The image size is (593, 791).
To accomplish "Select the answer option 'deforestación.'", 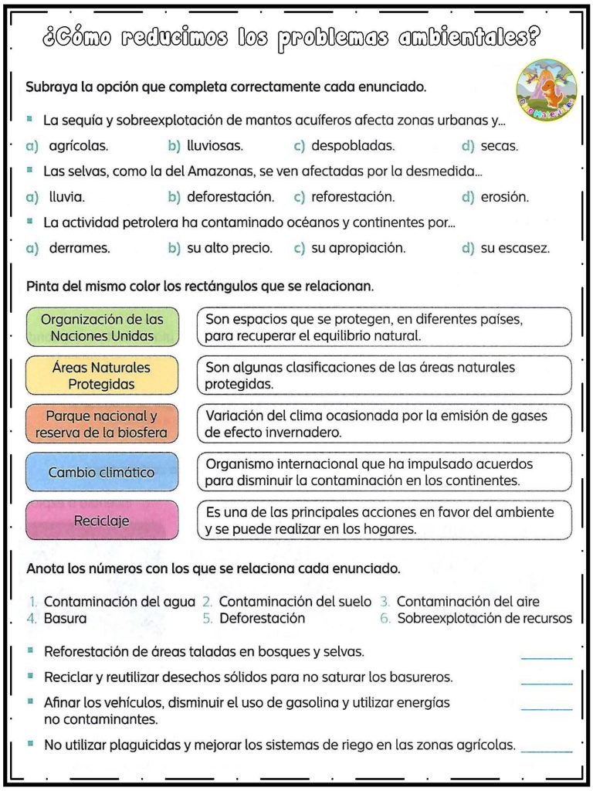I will point(230,197).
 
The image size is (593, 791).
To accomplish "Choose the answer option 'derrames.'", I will point(80,249).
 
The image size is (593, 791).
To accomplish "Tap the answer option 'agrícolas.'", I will point(78,145).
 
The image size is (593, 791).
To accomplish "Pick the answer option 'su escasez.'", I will point(515,249).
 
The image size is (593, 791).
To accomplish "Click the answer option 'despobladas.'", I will point(353,145).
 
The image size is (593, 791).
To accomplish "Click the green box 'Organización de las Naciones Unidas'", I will point(102,328).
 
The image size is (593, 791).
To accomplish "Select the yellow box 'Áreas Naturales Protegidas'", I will point(102,375).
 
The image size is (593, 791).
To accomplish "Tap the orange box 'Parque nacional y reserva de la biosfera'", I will point(102,424).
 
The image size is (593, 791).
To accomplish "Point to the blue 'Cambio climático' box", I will point(102,472).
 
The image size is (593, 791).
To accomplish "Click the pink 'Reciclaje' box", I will point(102,521).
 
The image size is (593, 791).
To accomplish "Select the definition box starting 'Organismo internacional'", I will point(385,472).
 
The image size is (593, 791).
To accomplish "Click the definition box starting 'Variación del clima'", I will point(385,424).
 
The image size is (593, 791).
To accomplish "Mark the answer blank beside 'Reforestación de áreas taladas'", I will point(547,654).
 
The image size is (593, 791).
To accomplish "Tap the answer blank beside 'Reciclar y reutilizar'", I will point(547,679).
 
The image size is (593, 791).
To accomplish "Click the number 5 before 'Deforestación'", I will point(208,619).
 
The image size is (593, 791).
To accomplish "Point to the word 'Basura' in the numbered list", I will point(65,619).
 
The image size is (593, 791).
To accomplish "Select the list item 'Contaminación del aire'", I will point(468,602).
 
